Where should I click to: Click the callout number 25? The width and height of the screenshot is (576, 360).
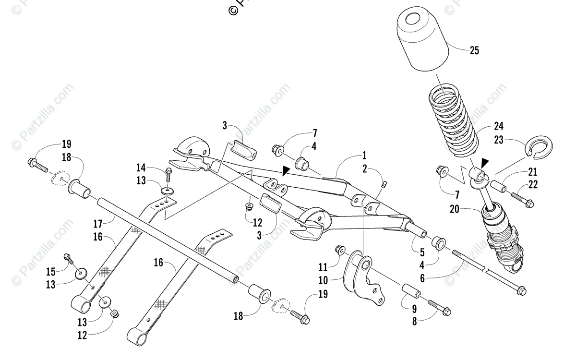tap(474, 50)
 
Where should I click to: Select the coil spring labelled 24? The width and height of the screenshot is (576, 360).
tap(454, 120)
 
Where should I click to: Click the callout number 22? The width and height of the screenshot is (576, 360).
tap(533, 184)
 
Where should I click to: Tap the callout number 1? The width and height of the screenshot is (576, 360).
tap(364, 155)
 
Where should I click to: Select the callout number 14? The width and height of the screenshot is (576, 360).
tap(141, 168)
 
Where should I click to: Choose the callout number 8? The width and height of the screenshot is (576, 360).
tap(414, 322)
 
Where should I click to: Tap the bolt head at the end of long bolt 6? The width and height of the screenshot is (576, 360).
tap(521, 290)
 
